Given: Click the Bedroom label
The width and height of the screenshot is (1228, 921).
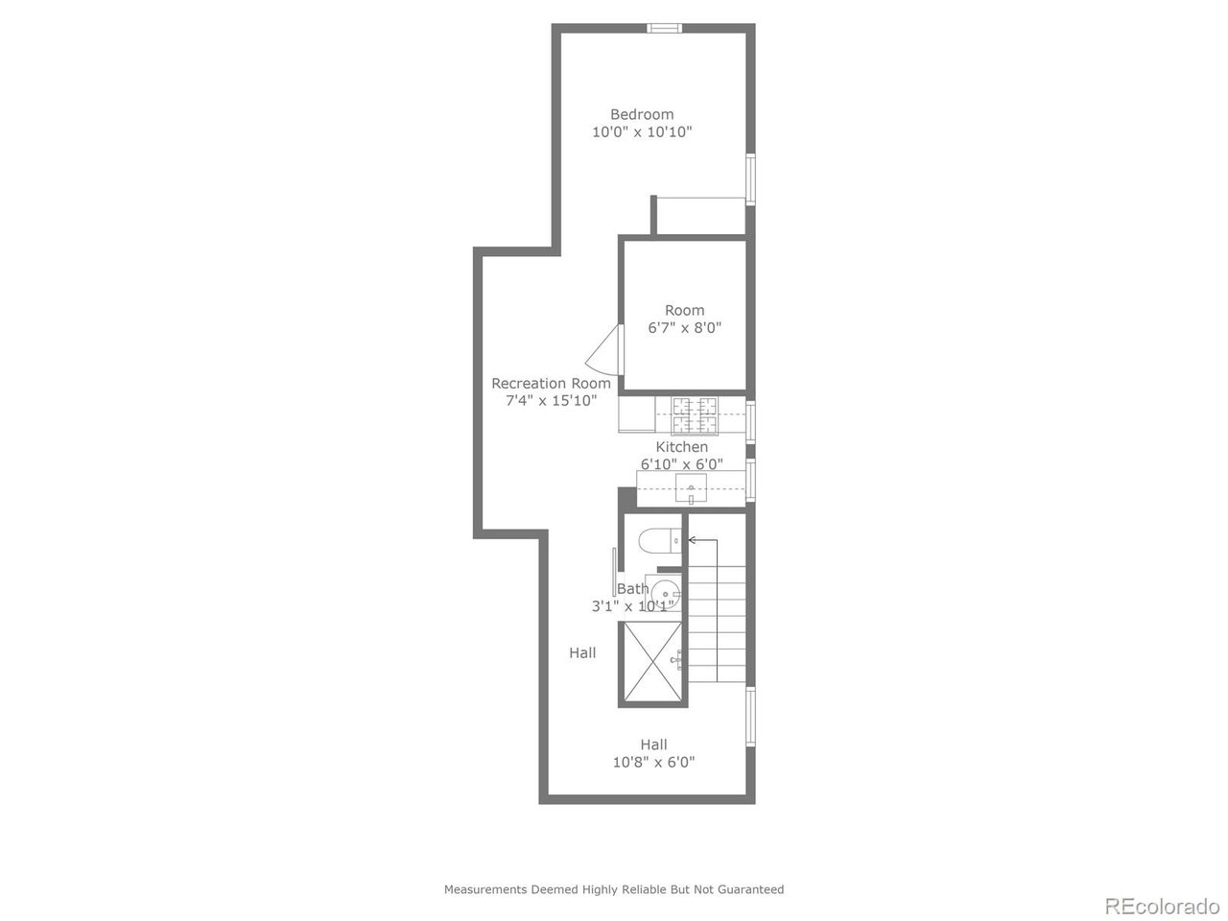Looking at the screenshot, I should coord(642,114).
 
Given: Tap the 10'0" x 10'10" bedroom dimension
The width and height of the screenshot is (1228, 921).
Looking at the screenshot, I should coord(642,132).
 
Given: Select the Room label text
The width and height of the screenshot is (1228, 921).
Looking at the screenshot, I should coord(684,310).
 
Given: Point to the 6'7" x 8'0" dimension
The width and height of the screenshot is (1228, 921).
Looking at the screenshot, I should coord(684,328).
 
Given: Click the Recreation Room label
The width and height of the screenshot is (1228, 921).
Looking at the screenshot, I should coord(551,384).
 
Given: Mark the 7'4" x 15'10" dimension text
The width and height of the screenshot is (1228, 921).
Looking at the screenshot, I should coord(551,401).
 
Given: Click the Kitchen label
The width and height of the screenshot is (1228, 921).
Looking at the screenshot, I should coord(681,447).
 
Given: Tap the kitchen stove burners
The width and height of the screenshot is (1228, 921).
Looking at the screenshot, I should coord(694,415).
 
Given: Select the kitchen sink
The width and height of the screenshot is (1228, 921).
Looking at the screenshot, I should coord(691,489).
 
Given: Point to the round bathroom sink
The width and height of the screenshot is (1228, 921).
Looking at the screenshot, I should coord(665,594).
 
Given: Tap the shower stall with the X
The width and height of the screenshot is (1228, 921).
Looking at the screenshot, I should coord(653,662).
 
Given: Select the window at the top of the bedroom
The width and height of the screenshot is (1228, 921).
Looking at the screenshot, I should coord(663,28).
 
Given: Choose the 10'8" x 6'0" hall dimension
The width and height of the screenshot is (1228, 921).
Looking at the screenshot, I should coord(653,763).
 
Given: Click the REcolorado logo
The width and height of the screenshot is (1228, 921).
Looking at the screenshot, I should coord(1161,905).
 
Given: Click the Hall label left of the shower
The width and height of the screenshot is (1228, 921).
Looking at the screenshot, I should coord(582,653).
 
